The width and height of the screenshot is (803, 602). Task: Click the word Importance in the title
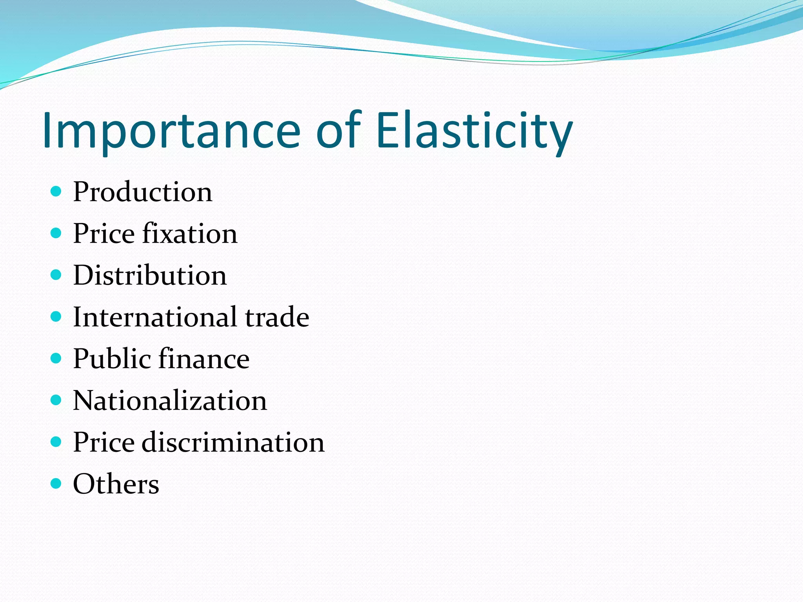tap(171, 131)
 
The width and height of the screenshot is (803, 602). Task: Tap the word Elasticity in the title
tap(474, 131)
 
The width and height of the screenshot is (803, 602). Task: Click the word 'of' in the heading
tap(338, 131)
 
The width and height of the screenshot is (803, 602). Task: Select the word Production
tap(143, 192)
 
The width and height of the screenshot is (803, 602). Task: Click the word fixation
tap(190, 234)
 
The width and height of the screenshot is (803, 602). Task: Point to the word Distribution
tap(150, 275)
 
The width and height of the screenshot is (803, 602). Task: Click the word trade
tap(277, 317)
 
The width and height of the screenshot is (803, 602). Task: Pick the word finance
tap(204, 359)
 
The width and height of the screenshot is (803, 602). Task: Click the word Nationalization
tap(170, 401)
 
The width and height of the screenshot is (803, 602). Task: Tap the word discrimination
tap(233, 442)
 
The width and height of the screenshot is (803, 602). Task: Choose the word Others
tap(116, 484)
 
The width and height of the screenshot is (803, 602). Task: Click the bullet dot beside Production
tap(56, 191)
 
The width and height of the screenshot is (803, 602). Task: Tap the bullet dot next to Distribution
tap(56, 275)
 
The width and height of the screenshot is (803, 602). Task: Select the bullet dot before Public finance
tap(56, 358)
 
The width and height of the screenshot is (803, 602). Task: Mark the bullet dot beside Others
tap(56, 483)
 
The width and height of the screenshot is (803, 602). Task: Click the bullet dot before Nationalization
tap(56, 400)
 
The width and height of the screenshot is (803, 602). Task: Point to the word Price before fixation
tap(104, 234)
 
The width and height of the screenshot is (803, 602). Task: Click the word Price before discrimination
tap(104, 442)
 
